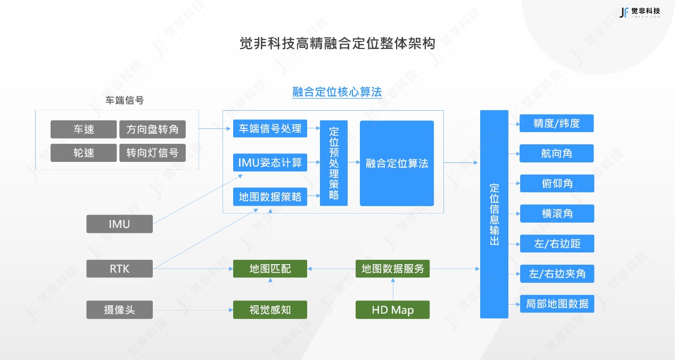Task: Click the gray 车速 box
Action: tap(84, 129)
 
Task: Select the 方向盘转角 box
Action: tap(152, 129)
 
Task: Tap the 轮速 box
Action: tap(84, 153)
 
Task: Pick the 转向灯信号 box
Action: tap(152, 153)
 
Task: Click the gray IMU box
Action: tap(119, 224)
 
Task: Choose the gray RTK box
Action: tap(119, 268)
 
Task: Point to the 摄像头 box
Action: tap(119, 309)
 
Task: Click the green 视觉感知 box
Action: tap(270, 309)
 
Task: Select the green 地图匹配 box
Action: tap(270, 268)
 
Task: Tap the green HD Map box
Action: tap(392, 309)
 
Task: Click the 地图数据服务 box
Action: tap(392, 268)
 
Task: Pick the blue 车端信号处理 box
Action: tap(270, 129)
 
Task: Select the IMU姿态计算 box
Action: tap(270, 162)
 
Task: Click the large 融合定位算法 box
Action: tap(397, 163)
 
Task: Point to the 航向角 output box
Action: tap(556, 153)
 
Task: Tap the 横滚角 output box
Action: tap(556, 214)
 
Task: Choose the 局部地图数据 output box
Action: tap(556, 304)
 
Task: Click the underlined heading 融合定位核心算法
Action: tap(337, 92)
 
